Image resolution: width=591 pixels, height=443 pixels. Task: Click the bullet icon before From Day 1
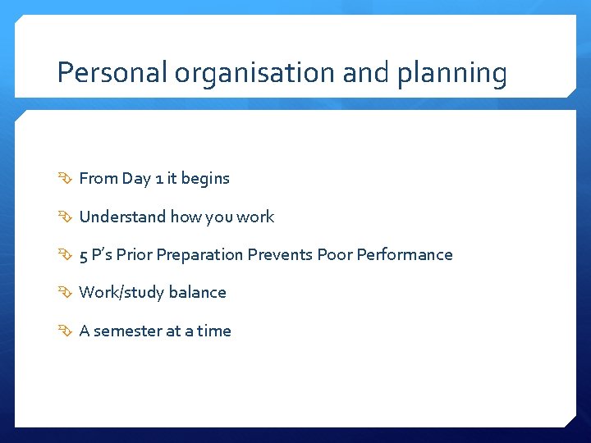pos(66,179)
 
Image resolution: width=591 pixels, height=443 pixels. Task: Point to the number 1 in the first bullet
pos(160,178)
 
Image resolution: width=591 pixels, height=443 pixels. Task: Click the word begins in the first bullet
pos(205,179)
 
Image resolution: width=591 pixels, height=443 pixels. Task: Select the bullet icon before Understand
pos(66,217)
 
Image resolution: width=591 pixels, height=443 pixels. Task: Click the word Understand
pos(122,217)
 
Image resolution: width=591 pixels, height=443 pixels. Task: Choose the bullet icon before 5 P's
pos(66,255)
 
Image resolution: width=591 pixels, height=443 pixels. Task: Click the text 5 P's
pos(95,254)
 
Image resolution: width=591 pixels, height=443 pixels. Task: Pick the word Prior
pos(134,254)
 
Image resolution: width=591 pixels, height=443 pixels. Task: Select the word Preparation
pos(199,255)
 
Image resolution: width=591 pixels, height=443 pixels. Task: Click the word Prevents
pos(280,254)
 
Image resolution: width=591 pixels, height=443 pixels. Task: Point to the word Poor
pos(335,254)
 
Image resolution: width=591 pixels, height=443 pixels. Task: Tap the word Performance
pos(405,254)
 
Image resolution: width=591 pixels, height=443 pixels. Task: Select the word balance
pos(197,292)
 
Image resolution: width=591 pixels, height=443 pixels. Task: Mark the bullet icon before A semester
pos(66,331)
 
